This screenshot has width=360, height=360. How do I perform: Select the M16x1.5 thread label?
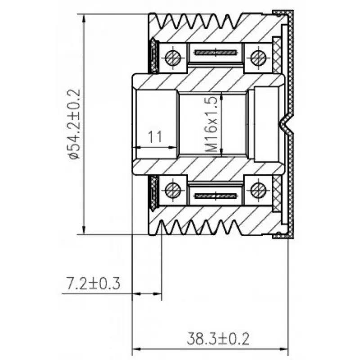(211, 124)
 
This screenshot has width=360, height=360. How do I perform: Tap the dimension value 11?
(155, 137)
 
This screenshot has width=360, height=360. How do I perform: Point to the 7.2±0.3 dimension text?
(93, 283)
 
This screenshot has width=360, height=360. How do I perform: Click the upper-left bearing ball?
(173, 58)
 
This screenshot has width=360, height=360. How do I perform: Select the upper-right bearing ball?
(258, 58)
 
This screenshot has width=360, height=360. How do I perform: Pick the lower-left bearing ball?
(173, 190)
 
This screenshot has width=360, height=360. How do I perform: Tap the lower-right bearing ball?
(258, 190)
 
